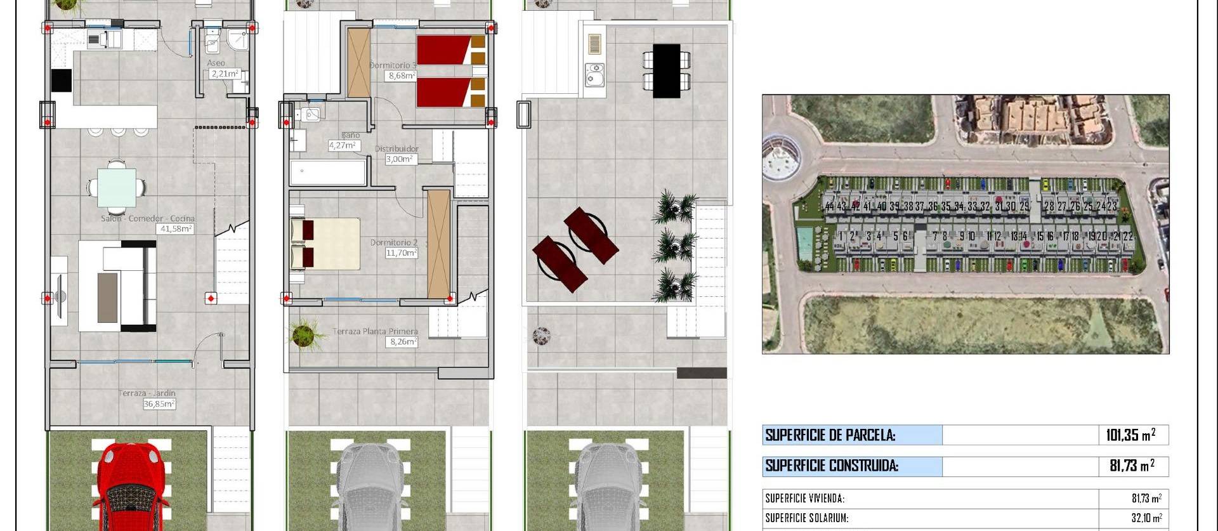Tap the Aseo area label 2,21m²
coord(225,74)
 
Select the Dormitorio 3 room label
coord(393,65)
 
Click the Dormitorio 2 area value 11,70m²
coord(402,252)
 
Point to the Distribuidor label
coord(396,148)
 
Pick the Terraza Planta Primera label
coord(375,331)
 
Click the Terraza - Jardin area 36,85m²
coord(159,403)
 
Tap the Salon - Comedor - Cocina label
coord(148,218)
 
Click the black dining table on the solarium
coord(666,70)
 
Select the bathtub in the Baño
coord(328,172)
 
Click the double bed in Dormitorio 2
coord(325,244)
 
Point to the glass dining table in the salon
coord(117,187)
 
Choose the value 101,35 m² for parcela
coord(1130,435)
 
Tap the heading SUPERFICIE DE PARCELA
coord(830,435)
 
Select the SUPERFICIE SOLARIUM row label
coord(806,518)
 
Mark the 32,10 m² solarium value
coord(1147,518)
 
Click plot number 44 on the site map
coord(829,206)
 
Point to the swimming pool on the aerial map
coord(805,241)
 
